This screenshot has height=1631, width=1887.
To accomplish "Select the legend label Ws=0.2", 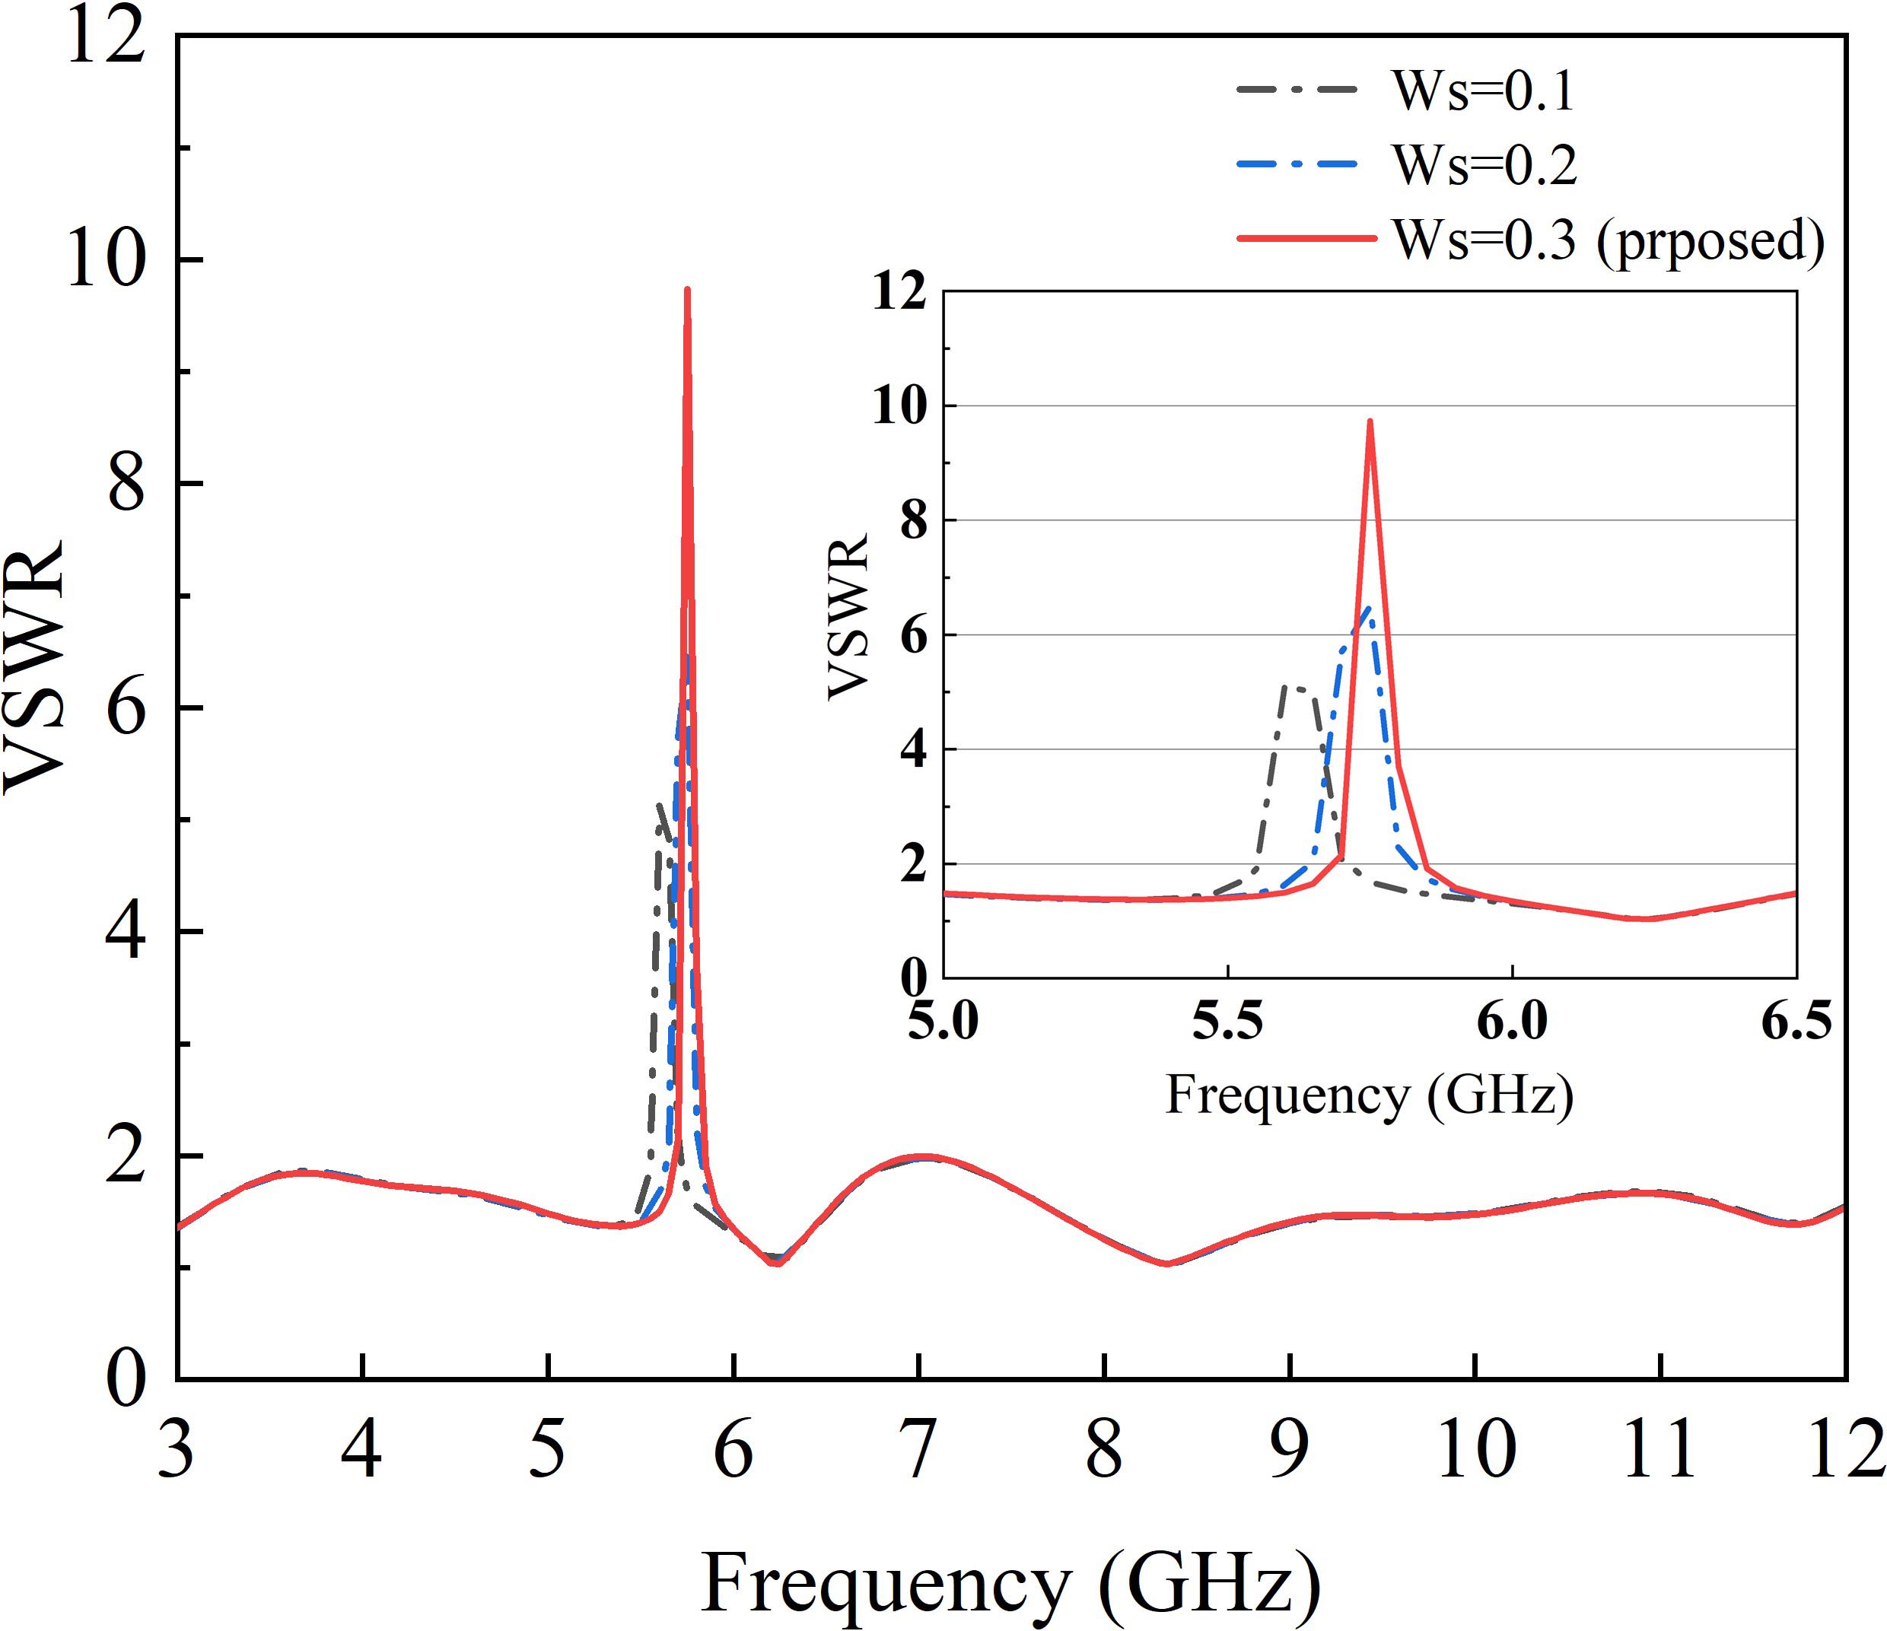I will [x=1484, y=165].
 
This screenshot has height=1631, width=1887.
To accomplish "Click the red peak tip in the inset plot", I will [x=1369, y=421].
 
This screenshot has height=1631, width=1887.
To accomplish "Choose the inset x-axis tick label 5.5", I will [x=1229, y=1021].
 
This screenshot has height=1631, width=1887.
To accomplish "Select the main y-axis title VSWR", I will [x=34, y=665].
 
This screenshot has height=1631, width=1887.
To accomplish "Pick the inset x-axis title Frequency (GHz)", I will [x=1369, y=1094].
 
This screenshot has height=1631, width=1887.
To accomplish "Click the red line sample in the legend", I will [x=1306, y=239].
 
